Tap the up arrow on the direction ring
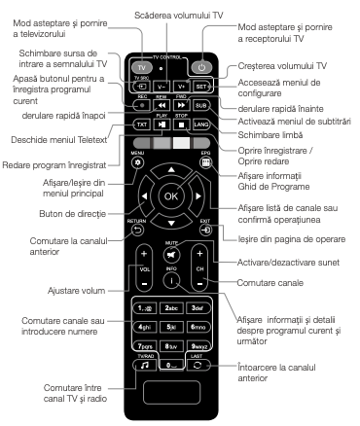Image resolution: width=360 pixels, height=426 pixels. [x=171, y=172]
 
